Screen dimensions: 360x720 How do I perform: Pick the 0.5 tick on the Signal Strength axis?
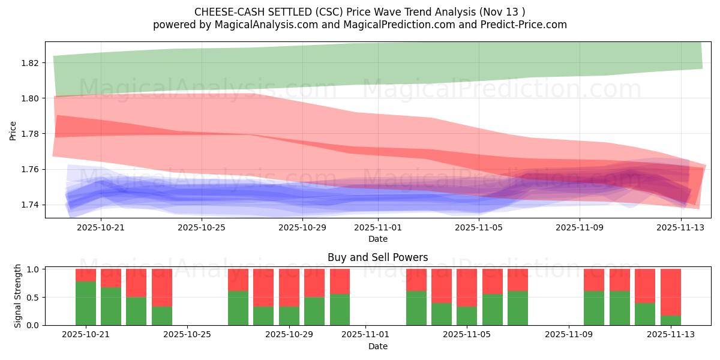click(32, 298)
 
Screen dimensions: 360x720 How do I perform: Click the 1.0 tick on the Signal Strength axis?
click(32, 269)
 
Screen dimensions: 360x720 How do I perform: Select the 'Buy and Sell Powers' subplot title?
click(378, 257)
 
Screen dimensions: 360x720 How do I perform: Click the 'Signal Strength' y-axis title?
click(18, 296)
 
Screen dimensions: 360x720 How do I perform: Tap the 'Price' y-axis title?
click(13, 130)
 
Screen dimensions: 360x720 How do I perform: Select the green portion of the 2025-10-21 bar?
click(86, 303)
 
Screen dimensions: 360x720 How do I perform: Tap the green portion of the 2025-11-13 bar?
click(671, 320)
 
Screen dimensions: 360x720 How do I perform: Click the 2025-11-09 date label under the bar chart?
click(568, 334)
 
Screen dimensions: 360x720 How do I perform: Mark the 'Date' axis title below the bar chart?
click(378, 346)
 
